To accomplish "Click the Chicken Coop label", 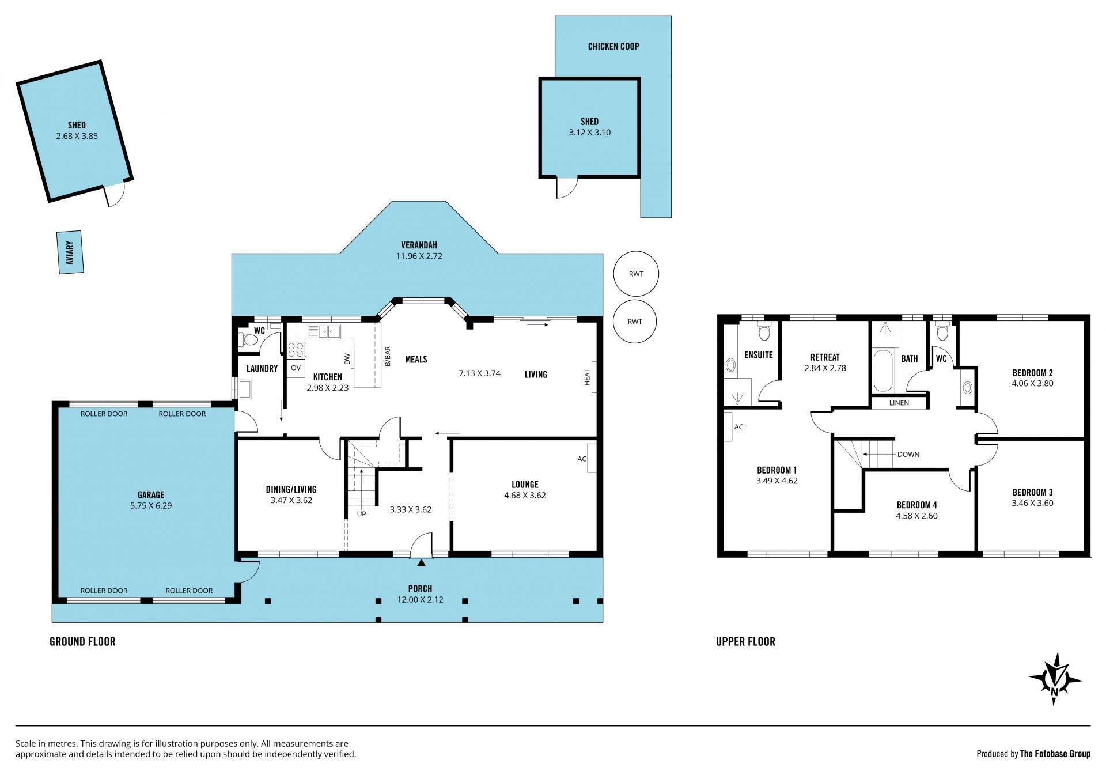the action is [x=613, y=46].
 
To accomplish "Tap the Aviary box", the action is [x=70, y=252].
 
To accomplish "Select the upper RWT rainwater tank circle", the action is [x=636, y=274].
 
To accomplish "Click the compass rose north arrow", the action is [x=1055, y=679].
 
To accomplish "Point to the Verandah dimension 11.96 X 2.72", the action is [x=419, y=256].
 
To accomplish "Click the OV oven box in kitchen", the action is [x=296, y=368].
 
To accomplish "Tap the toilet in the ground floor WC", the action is [x=249, y=339].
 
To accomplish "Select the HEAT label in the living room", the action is [x=588, y=377].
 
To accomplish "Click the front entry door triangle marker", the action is [x=421, y=562].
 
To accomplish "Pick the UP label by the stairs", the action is [x=361, y=514].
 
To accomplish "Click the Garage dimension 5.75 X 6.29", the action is [x=151, y=505].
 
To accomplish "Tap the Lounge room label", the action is [x=525, y=485].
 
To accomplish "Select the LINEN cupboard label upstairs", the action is [x=899, y=403].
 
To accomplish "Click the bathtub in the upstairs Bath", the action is [x=883, y=370].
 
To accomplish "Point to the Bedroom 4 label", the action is [x=916, y=505].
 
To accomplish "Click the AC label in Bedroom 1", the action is [x=739, y=427].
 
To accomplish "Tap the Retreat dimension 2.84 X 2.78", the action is [x=825, y=368].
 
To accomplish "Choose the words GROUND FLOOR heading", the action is [x=82, y=641].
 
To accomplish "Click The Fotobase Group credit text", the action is [x=1055, y=754].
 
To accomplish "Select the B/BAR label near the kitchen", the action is [x=388, y=356].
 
